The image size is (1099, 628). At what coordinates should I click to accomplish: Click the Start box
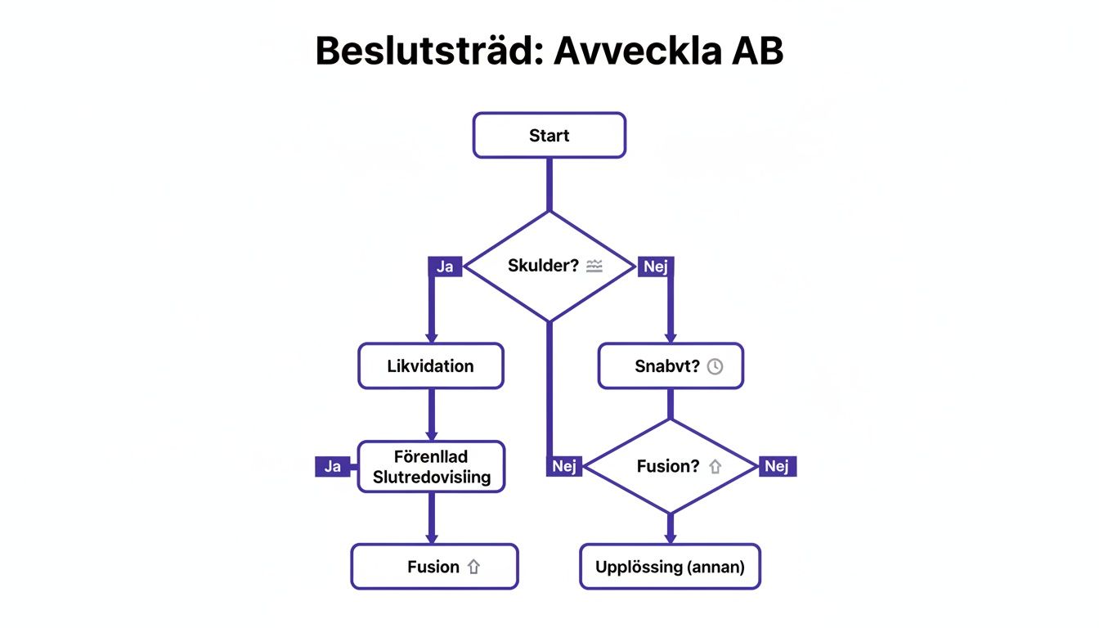(549, 135)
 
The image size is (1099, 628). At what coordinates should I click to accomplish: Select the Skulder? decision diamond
(549, 266)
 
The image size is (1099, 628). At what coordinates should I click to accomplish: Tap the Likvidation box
(430, 366)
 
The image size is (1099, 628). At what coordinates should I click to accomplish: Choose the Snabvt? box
(671, 366)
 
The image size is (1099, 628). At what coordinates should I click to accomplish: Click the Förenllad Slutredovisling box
(431, 467)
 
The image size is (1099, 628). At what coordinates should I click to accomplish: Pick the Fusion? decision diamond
(671, 466)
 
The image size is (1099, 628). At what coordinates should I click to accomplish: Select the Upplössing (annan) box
(670, 567)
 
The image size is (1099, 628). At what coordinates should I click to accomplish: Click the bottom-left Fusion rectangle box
(434, 567)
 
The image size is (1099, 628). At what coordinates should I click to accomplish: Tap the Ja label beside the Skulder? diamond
(445, 267)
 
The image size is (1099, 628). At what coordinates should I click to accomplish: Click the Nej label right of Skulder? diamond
(655, 267)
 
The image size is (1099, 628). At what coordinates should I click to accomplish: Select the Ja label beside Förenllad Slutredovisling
(332, 467)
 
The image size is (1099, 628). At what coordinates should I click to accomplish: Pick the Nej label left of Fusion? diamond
(564, 466)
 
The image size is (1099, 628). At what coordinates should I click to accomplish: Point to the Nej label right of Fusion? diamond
(777, 466)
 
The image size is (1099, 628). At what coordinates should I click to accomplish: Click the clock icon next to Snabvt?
(715, 366)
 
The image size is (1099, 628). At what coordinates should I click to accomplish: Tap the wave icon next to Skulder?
(594, 266)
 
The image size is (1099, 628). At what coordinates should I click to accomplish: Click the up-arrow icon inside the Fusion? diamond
(715, 467)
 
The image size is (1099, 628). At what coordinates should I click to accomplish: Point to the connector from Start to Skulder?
(549, 184)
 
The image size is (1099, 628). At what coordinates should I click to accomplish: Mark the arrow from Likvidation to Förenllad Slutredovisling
(432, 415)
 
